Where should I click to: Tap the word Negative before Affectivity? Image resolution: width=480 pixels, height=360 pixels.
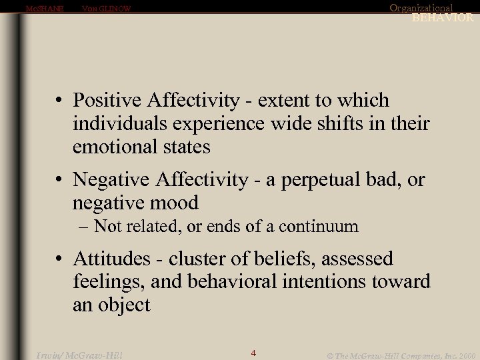tap(111, 179)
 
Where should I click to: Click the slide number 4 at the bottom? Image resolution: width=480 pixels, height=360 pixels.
tap(253, 353)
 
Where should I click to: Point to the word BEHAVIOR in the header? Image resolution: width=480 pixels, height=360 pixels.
tap(442, 18)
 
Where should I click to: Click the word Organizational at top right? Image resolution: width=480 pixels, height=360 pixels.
tap(421, 8)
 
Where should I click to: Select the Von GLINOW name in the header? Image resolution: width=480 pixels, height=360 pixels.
tap(106, 9)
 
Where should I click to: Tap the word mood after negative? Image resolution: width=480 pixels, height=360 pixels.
tap(175, 203)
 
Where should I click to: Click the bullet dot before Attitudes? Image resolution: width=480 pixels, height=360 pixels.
tap(60, 259)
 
